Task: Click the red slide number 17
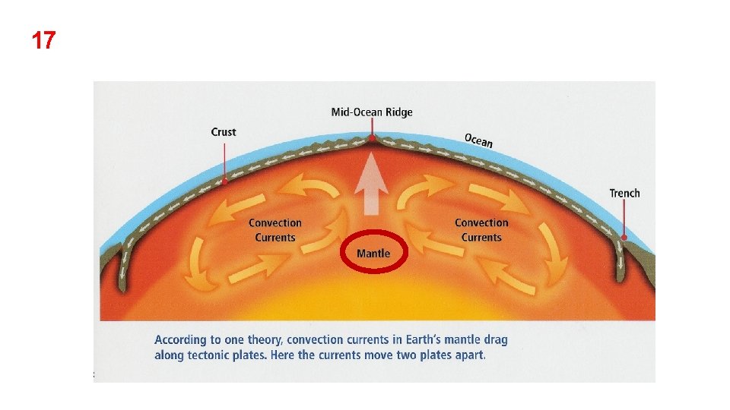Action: point(43,40)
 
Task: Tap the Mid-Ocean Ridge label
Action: point(372,112)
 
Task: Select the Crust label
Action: point(224,132)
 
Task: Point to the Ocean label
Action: point(478,140)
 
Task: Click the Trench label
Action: point(624,193)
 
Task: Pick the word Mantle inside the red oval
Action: point(373,253)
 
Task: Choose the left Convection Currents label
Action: point(275,230)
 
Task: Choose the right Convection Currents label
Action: point(481,230)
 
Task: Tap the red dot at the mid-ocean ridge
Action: point(372,138)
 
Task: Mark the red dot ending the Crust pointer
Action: point(225,182)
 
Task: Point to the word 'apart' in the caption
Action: point(468,355)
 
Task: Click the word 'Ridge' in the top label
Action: point(399,112)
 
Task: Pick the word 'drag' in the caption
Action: point(494,340)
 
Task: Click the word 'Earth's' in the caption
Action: point(414,340)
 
